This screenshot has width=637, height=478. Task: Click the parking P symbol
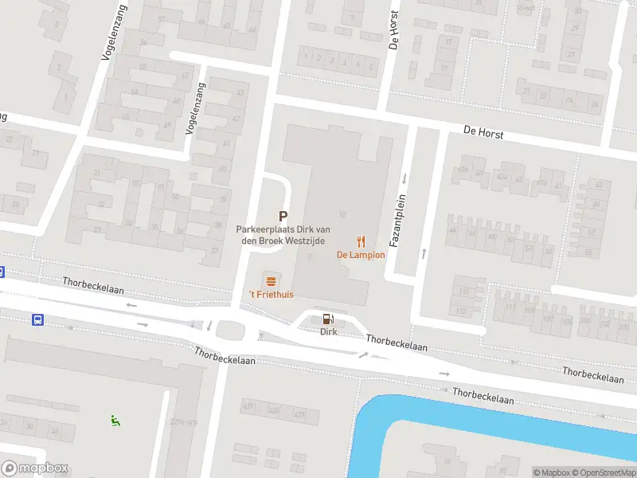pos(282,216)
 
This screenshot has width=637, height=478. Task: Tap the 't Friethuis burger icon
pos(271,280)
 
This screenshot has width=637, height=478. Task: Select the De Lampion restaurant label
pos(361,255)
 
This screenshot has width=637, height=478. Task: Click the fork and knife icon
pos(361,241)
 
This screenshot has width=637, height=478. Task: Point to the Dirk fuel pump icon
pos(327,318)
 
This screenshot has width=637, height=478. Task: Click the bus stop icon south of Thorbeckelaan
pos(37,319)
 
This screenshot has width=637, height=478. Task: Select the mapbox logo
pos(34,468)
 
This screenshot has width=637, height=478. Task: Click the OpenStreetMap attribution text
pos(601,472)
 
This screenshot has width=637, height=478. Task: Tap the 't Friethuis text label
pos(271,295)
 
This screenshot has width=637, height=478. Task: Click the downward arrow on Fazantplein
pos(404,178)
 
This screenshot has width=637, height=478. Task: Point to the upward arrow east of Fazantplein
pos(424,253)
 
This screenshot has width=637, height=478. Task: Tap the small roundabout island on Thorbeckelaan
pos(231,327)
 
